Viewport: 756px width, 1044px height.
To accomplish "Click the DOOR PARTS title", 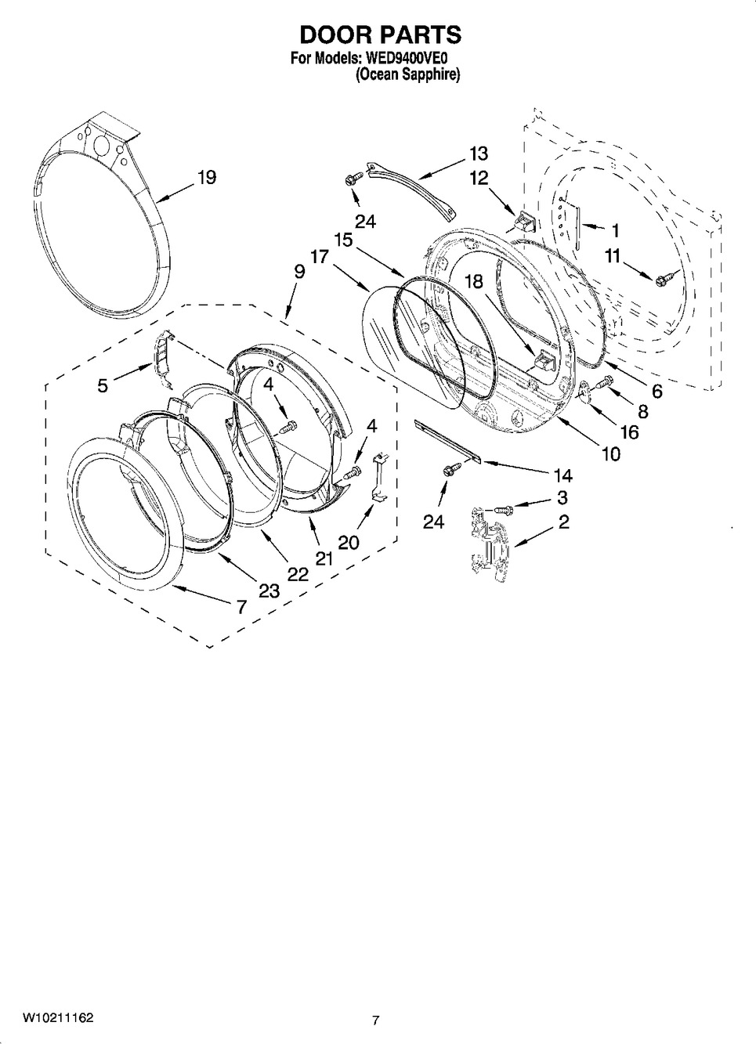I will (381, 35).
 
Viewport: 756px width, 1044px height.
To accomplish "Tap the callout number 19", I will (206, 178).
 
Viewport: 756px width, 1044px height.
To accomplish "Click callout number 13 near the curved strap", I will (478, 154).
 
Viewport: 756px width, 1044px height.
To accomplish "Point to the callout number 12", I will (478, 179).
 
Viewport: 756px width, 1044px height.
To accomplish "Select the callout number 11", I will (612, 255).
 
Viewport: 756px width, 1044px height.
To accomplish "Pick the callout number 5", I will (103, 385).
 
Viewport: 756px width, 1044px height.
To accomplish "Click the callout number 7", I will (241, 605).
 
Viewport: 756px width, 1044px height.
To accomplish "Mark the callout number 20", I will (349, 541).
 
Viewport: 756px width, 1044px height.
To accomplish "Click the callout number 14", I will (562, 475).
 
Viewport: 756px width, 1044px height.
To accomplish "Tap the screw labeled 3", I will (504, 509).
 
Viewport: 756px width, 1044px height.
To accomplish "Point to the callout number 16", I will (629, 432).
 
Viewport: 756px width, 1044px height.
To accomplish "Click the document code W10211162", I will (58, 1018).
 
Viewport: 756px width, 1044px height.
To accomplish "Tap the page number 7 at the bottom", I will (376, 1020).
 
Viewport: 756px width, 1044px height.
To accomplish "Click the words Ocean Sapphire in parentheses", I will (407, 75).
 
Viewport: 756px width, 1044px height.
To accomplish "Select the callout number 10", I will (610, 453).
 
